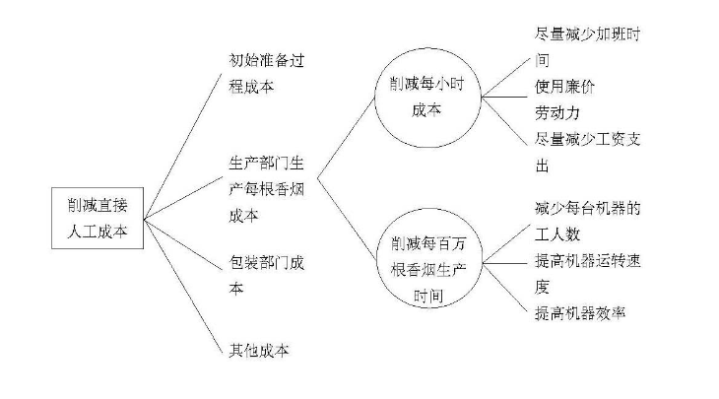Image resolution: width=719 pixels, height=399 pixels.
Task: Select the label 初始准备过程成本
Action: tap(266, 73)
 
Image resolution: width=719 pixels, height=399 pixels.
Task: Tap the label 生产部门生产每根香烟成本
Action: tap(266, 189)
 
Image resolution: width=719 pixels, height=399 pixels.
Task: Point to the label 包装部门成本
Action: tap(266, 275)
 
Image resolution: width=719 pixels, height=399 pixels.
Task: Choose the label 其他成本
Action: tap(259, 351)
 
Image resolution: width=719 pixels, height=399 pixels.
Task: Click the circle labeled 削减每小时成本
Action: tap(375, 98)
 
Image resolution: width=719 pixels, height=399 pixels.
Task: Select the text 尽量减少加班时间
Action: tap(587, 47)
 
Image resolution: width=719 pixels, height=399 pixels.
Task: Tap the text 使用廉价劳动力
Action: tap(564, 100)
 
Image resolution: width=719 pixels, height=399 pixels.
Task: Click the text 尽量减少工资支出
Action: tap(587, 152)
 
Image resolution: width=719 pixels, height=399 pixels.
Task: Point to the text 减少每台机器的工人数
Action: tap(587, 222)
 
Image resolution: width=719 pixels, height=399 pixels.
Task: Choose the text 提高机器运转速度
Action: tap(587, 274)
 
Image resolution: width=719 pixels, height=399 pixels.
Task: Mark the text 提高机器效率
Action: tap(580, 313)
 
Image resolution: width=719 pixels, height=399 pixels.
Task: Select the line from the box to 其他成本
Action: tap(182, 287)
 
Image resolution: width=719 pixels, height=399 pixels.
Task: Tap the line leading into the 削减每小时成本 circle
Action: tap(346, 138)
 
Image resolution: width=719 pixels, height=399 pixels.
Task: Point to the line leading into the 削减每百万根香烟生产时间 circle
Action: tap(347, 220)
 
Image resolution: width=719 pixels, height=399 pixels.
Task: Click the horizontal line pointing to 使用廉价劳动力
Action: tap(504, 97)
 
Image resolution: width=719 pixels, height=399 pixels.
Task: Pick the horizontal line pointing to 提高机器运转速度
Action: tap(505, 263)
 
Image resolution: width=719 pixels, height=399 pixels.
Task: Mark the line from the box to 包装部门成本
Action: tap(183, 244)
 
